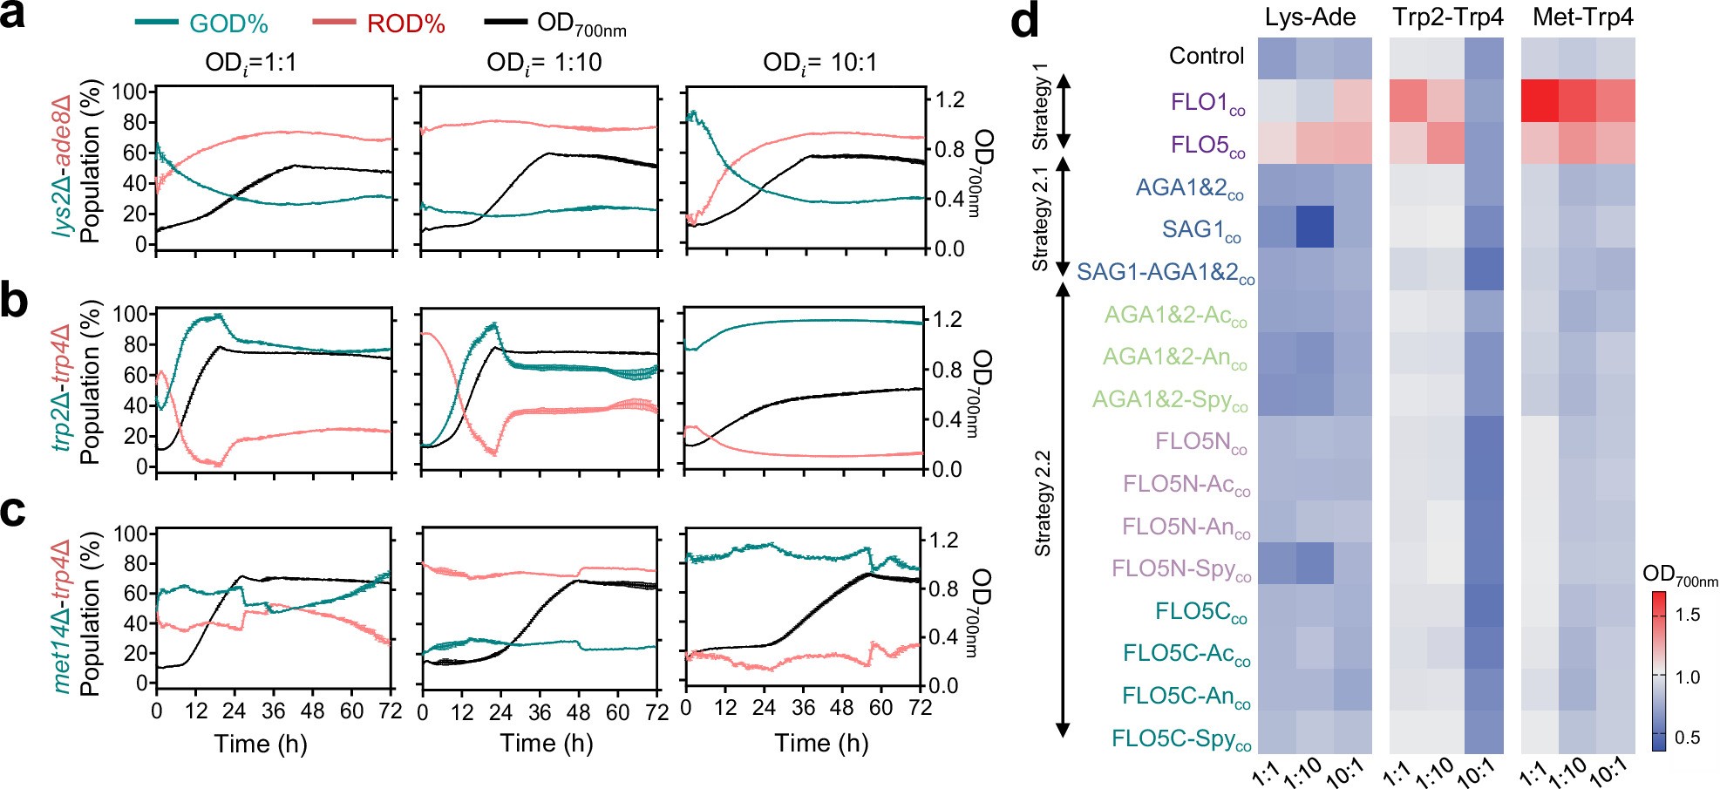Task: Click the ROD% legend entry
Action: tap(405, 24)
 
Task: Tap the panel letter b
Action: tap(14, 300)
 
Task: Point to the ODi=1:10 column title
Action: tap(544, 63)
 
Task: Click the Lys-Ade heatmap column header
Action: tap(1310, 17)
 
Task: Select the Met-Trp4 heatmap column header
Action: tap(1582, 17)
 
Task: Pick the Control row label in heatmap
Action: tap(1206, 57)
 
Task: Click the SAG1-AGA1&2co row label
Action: tap(1165, 273)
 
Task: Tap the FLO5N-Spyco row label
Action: tap(1181, 569)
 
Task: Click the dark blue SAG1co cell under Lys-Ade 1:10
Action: tap(1315, 227)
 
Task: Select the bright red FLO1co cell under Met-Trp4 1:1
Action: tap(1540, 101)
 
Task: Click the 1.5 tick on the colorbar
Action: tap(1688, 615)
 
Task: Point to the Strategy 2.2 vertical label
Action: tap(1043, 503)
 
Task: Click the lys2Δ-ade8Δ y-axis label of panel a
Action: tap(62, 166)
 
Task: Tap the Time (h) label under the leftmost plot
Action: tap(260, 744)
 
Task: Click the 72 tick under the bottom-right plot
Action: tap(920, 708)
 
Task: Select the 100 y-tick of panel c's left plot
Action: tap(130, 534)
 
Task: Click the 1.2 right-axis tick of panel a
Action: tap(949, 99)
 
